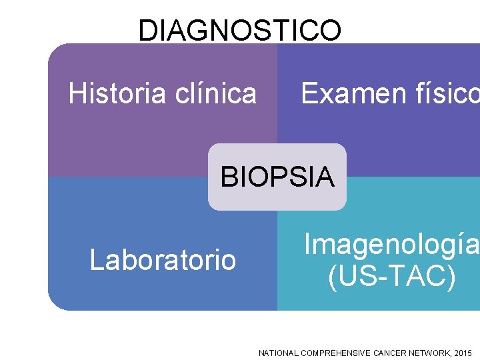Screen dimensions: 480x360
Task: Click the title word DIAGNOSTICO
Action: click(240, 30)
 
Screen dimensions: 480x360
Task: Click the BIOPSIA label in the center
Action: click(277, 177)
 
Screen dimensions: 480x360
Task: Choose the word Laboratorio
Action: click(163, 260)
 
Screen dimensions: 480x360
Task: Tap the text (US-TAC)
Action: click(392, 277)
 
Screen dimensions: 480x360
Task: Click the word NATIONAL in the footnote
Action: click(278, 353)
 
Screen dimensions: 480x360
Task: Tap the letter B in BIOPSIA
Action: click(228, 177)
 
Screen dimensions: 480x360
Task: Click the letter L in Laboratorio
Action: click(95, 260)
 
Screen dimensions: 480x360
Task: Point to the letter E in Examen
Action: click(309, 93)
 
